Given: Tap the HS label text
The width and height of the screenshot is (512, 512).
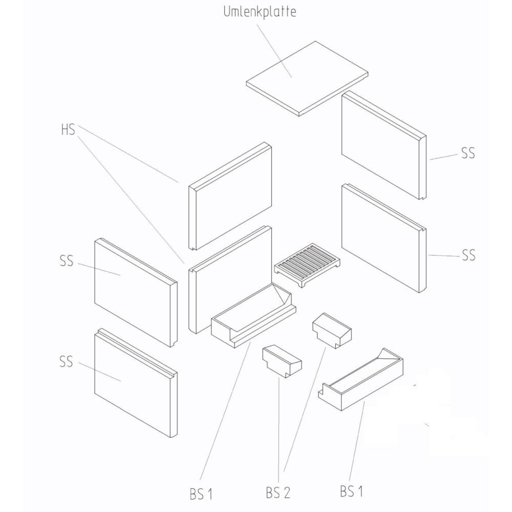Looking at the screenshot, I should click(68, 130).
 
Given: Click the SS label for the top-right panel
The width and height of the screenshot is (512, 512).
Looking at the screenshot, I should click(468, 153).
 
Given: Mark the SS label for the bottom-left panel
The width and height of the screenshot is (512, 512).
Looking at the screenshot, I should click(66, 362).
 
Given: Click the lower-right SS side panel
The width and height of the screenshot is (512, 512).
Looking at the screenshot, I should click(381, 238).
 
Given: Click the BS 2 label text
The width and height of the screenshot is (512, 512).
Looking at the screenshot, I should click(278, 493).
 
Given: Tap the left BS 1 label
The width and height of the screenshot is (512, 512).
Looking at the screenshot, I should click(201, 494).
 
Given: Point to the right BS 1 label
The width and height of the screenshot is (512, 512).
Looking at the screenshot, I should click(351, 492).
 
